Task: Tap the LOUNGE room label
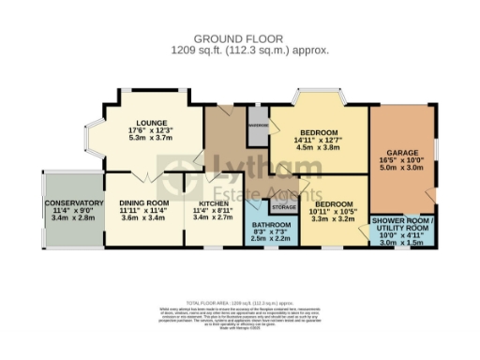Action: click(x=151, y=123)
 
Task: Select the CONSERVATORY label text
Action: click(x=73, y=202)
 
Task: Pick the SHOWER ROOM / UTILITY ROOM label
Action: click(x=403, y=223)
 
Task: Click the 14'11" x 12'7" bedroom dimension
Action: click(x=319, y=141)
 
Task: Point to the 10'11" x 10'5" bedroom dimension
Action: click(x=333, y=212)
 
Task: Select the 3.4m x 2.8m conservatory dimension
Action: click(x=73, y=218)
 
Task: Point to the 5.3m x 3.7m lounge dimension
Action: click(x=151, y=139)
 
